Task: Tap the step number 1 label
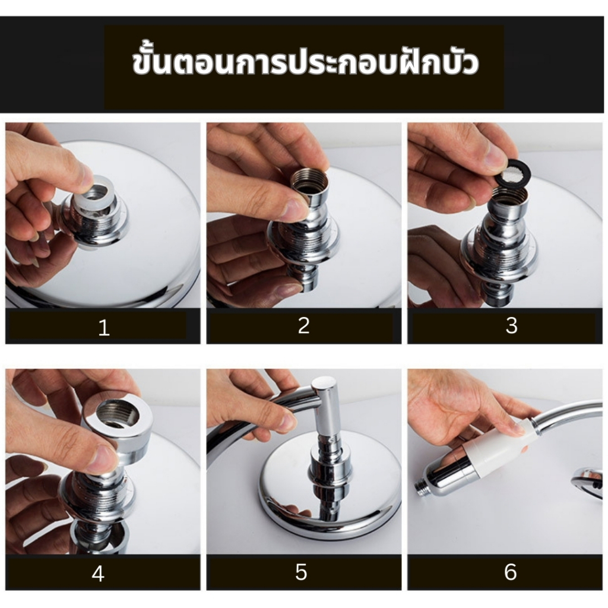click(103, 328)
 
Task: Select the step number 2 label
click(303, 326)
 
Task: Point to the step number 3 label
click(512, 326)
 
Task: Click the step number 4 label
click(98, 574)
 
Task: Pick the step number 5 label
click(301, 572)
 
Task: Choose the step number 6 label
click(510, 572)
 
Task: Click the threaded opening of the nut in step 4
click(117, 414)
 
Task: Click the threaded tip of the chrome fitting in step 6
click(421, 487)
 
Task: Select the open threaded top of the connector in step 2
click(310, 178)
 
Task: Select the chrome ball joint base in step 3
click(500, 248)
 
